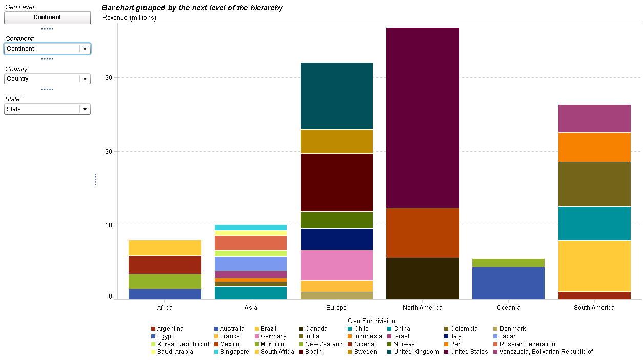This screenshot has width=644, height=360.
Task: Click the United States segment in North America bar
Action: [422, 118]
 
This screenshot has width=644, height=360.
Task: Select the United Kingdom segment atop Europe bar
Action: [337, 96]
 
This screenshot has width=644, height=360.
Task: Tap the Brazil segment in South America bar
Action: [594, 266]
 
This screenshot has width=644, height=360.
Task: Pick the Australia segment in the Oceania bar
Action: [508, 283]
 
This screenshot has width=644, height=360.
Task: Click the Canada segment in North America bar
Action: [422, 278]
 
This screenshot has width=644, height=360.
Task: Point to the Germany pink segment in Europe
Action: [337, 265]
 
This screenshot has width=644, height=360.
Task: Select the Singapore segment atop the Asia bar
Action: [251, 227]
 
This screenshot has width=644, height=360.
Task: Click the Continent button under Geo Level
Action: [47, 17]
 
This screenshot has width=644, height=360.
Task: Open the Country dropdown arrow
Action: [85, 79]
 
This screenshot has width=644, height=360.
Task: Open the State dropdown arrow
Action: [85, 109]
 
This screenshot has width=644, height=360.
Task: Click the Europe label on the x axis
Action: [337, 308]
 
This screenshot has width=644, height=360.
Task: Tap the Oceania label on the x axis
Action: [508, 308]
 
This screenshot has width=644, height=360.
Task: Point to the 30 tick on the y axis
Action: [109, 78]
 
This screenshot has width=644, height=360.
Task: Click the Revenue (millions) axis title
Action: [130, 18]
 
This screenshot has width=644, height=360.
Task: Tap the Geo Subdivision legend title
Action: [371, 321]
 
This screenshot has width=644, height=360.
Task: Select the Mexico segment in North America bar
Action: [422, 232]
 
